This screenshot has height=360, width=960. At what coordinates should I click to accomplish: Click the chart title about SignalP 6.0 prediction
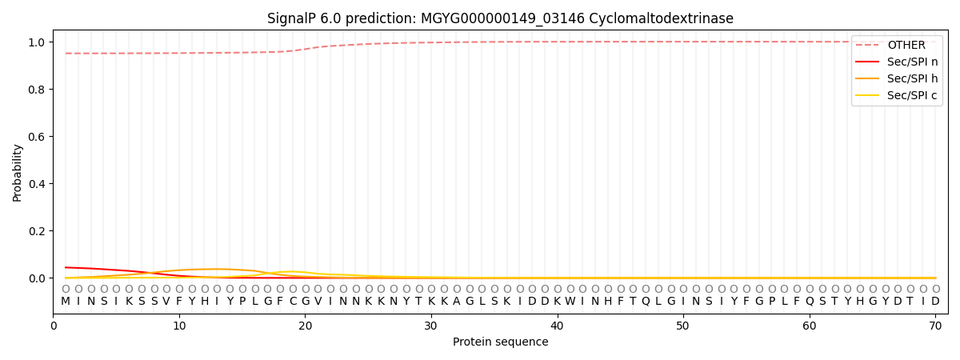[x=500, y=18]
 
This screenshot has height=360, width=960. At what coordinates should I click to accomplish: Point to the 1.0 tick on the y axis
[x=37, y=42]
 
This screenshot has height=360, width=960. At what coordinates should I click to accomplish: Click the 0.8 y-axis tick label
[x=37, y=90]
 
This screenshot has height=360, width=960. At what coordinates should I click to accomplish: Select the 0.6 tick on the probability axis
[x=37, y=137]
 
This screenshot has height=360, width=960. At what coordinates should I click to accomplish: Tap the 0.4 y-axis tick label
[x=37, y=184]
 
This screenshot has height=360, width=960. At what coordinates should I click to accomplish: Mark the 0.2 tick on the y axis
[x=37, y=231]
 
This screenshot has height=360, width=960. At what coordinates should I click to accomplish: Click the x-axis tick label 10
[x=179, y=326]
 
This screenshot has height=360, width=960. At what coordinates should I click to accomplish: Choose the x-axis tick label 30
[x=431, y=326]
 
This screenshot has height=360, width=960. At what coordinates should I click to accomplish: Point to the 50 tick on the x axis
[x=683, y=326]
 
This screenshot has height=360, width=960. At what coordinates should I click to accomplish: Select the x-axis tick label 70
[x=935, y=326]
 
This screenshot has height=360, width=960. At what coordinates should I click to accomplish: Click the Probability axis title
[x=17, y=173]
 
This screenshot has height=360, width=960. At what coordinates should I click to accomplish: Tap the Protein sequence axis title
[x=501, y=342]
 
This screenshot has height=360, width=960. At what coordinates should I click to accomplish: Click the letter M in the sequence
[x=66, y=302]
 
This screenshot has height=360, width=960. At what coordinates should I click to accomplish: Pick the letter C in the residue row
[x=293, y=302]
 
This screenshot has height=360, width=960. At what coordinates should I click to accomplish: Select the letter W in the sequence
[x=570, y=302]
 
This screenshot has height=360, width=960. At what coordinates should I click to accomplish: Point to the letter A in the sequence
[x=457, y=302]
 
